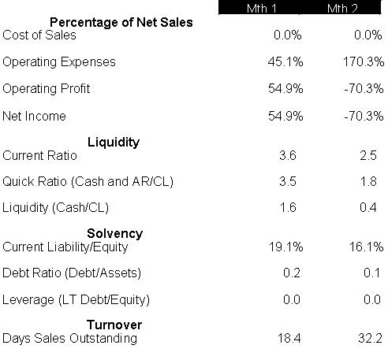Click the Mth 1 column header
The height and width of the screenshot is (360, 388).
262,9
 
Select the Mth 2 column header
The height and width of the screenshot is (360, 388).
342,9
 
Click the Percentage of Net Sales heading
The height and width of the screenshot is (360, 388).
121,23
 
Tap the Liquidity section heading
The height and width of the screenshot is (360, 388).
114,143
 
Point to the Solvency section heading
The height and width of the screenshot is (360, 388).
115,233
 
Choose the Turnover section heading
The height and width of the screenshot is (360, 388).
114,325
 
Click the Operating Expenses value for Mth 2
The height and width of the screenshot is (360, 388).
364,62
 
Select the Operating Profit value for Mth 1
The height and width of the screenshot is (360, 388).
285,88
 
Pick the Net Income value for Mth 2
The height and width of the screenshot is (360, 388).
364,116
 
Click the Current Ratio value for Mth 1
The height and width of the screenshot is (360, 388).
288,155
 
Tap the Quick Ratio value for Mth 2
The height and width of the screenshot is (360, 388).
368,181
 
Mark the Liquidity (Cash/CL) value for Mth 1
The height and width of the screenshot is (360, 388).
288,207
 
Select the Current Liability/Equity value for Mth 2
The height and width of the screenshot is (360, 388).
366,247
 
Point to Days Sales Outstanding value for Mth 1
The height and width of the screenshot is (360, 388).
289,338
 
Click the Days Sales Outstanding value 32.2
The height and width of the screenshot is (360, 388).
370,338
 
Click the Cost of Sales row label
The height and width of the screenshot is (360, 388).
39,35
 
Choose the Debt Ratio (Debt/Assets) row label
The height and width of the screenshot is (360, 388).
72,273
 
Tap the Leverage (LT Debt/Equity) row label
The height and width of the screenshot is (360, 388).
76,300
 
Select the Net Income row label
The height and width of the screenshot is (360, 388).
34,116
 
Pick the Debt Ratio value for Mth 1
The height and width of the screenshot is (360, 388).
292,273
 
